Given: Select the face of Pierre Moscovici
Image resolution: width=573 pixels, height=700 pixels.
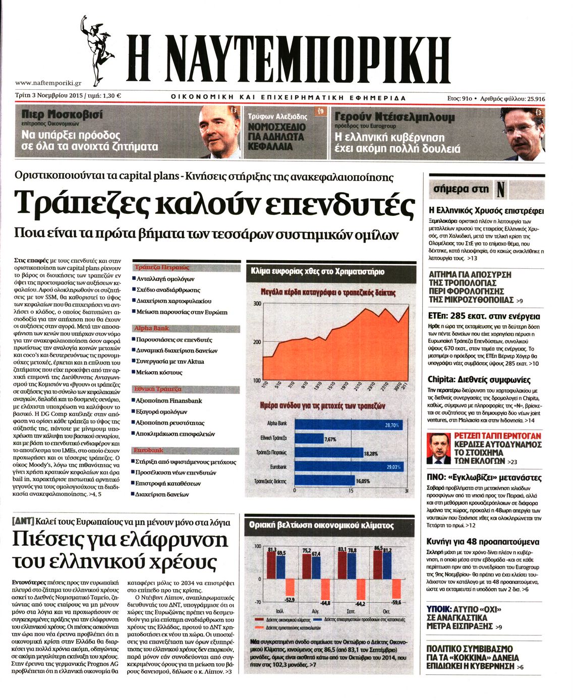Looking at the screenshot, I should pos(217,132).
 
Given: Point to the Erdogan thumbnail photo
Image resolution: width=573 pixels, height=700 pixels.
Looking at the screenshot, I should pos(438,447).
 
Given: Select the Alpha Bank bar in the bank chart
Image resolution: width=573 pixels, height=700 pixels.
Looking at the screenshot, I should pos(348,424).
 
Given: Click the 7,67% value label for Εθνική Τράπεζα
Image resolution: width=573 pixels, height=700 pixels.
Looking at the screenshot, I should pos(330,439).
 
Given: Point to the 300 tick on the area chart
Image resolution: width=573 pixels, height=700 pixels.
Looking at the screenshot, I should pos(257,303).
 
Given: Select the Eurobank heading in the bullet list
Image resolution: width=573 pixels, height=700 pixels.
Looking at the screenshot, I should pos(148,450).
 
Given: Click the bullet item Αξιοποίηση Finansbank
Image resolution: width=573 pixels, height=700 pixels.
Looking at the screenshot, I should pos(168,400).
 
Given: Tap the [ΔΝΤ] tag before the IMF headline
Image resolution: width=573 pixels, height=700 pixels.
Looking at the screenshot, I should pos(23,522).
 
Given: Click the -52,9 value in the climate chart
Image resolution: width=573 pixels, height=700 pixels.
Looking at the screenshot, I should pos(290,600).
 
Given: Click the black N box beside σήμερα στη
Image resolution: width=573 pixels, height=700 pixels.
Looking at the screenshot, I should pos(500,189).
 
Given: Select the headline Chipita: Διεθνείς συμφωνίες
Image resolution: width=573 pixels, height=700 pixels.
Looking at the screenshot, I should pos(479,379).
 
